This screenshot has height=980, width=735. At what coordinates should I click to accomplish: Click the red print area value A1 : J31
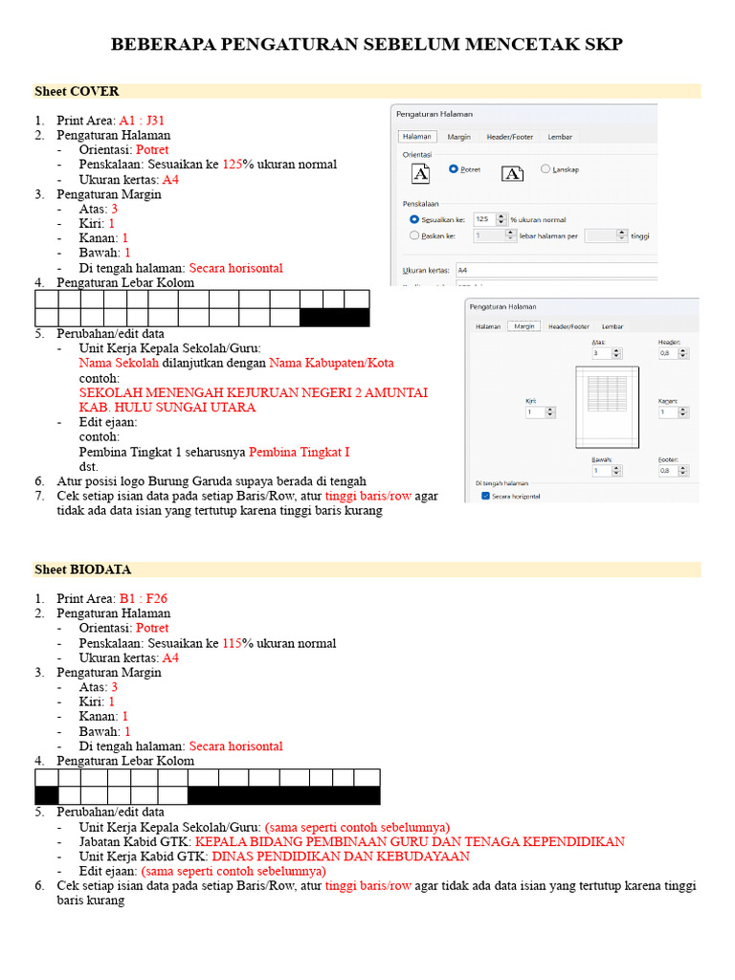[x=142, y=121]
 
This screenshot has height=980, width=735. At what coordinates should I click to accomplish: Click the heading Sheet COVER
[x=77, y=91]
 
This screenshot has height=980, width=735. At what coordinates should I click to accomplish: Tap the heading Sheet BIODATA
[x=82, y=569]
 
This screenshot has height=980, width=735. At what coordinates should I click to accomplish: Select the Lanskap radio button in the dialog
[x=546, y=169]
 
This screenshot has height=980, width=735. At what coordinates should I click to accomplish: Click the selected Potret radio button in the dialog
[x=454, y=169]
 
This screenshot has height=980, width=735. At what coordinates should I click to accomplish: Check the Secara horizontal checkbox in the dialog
[x=486, y=496]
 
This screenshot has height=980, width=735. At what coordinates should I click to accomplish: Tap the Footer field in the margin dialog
[x=670, y=470]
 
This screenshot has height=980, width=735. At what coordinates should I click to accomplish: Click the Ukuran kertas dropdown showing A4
[x=555, y=270]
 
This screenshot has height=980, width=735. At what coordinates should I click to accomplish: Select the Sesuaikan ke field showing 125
[x=485, y=218]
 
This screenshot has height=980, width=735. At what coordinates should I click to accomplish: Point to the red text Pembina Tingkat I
[x=299, y=452]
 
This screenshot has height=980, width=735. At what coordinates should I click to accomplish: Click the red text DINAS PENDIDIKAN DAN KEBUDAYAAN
[x=341, y=857]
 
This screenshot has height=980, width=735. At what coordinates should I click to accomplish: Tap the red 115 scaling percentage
[x=233, y=643]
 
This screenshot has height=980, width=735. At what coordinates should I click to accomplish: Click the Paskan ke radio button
[x=414, y=234]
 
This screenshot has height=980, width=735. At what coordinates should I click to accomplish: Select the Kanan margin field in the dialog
[x=670, y=412]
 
